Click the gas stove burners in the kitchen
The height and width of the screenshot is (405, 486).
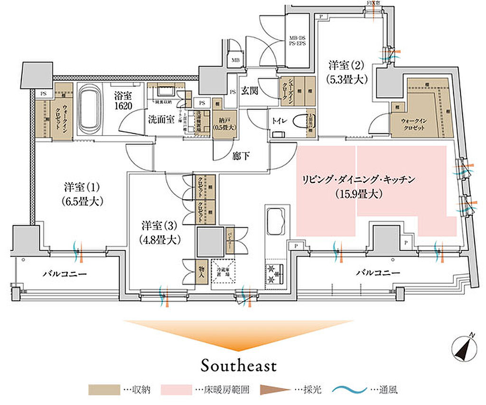[x=274, y=274]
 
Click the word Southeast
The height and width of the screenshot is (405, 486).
[x=239, y=366]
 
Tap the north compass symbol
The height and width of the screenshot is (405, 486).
[x=463, y=349]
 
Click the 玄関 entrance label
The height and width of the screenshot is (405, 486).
[x=249, y=91]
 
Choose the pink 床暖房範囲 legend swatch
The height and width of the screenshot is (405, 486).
[x=177, y=390]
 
